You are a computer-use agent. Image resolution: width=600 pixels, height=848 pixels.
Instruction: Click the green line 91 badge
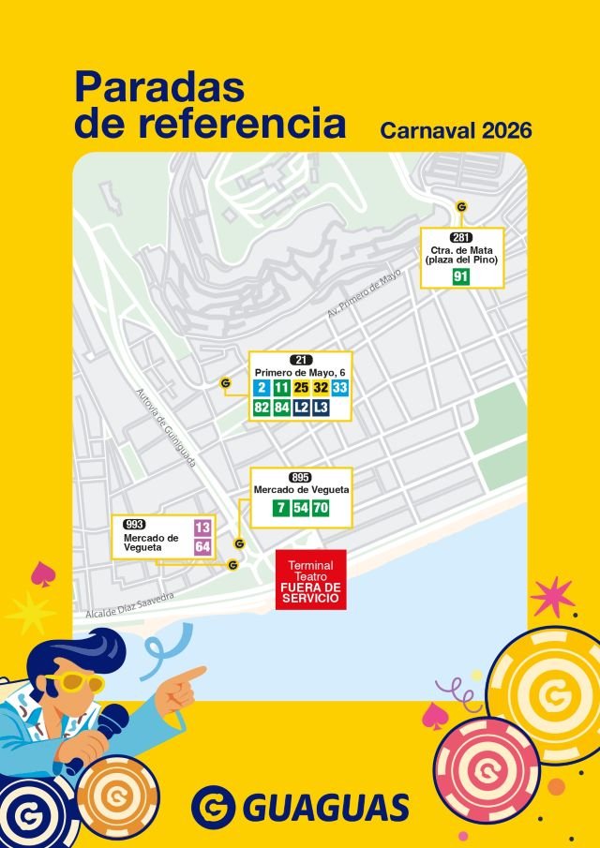(x=460, y=276)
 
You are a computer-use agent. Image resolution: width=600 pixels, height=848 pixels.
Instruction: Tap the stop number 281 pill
(x=460, y=238)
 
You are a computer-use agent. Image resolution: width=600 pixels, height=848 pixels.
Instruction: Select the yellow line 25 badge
(x=301, y=388)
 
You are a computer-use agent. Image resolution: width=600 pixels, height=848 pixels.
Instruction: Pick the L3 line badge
(x=321, y=408)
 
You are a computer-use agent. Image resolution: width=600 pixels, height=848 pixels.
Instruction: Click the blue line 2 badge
(x=262, y=388)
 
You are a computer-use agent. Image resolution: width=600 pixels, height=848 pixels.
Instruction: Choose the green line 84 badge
(x=281, y=408)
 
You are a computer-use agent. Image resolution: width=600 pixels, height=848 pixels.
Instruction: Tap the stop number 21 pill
(x=301, y=360)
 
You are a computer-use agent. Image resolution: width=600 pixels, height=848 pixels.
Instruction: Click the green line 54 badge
(x=300, y=508)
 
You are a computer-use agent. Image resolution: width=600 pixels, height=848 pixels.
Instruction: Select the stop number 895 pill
(x=300, y=477)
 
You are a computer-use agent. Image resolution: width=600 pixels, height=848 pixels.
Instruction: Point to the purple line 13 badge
(x=202, y=528)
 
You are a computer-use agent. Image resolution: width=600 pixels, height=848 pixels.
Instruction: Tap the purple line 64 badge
(x=202, y=547)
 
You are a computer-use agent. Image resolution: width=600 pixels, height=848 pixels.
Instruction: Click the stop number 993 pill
(x=134, y=524)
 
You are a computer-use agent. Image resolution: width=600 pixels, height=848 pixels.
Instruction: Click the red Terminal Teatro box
(x=310, y=580)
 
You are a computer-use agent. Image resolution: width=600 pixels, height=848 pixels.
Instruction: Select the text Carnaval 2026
(x=456, y=129)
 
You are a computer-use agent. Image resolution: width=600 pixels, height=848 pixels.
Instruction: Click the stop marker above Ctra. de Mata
(x=460, y=207)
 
